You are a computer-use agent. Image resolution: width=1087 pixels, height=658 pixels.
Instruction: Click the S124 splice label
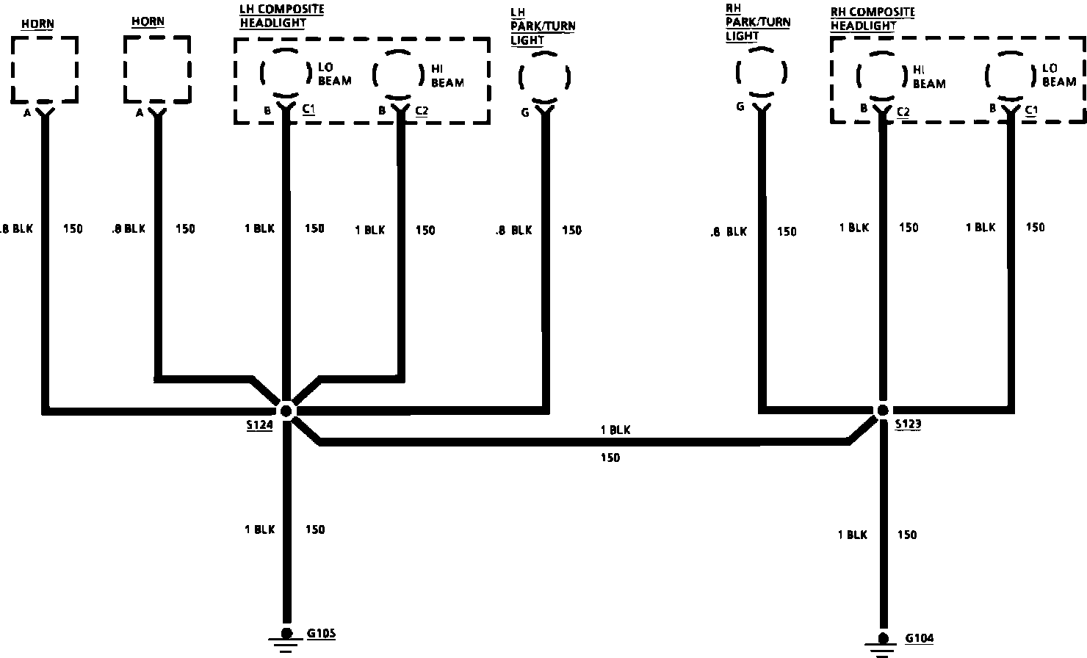[x=259, y=424]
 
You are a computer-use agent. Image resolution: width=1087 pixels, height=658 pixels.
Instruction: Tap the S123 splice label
[x=909, y=424]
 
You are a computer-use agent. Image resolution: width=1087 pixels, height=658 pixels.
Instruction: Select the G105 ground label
[x=321, y=632]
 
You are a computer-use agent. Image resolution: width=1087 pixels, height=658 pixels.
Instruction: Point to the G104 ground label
[x=919, y=638]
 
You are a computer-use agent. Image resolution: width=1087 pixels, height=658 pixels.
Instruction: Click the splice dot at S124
[x=286, y=409]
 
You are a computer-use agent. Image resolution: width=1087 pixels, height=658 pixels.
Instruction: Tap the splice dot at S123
[x=883, y=410]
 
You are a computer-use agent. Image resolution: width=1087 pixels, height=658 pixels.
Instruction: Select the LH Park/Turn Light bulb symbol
[x=544, y=77]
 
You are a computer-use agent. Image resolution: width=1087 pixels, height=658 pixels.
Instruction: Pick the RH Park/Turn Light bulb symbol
[x=762, y=73]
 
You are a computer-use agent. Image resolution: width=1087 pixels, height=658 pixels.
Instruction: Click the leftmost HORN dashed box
[x=45, y=69]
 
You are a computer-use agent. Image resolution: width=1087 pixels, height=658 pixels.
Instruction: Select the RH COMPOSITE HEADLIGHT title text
[x=873, y=19]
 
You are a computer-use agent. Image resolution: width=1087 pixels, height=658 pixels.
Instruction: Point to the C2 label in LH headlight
[x=422, y=111]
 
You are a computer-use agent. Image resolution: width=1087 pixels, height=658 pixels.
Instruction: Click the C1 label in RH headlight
[x=1031, y=110]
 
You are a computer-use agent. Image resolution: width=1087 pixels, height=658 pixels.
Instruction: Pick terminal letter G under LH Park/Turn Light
[x=524, y=114]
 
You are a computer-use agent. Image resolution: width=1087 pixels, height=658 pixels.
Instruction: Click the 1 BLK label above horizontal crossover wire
[x=615, y=430]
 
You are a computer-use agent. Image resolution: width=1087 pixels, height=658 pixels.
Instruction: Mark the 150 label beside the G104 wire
[x=907, y=535]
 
